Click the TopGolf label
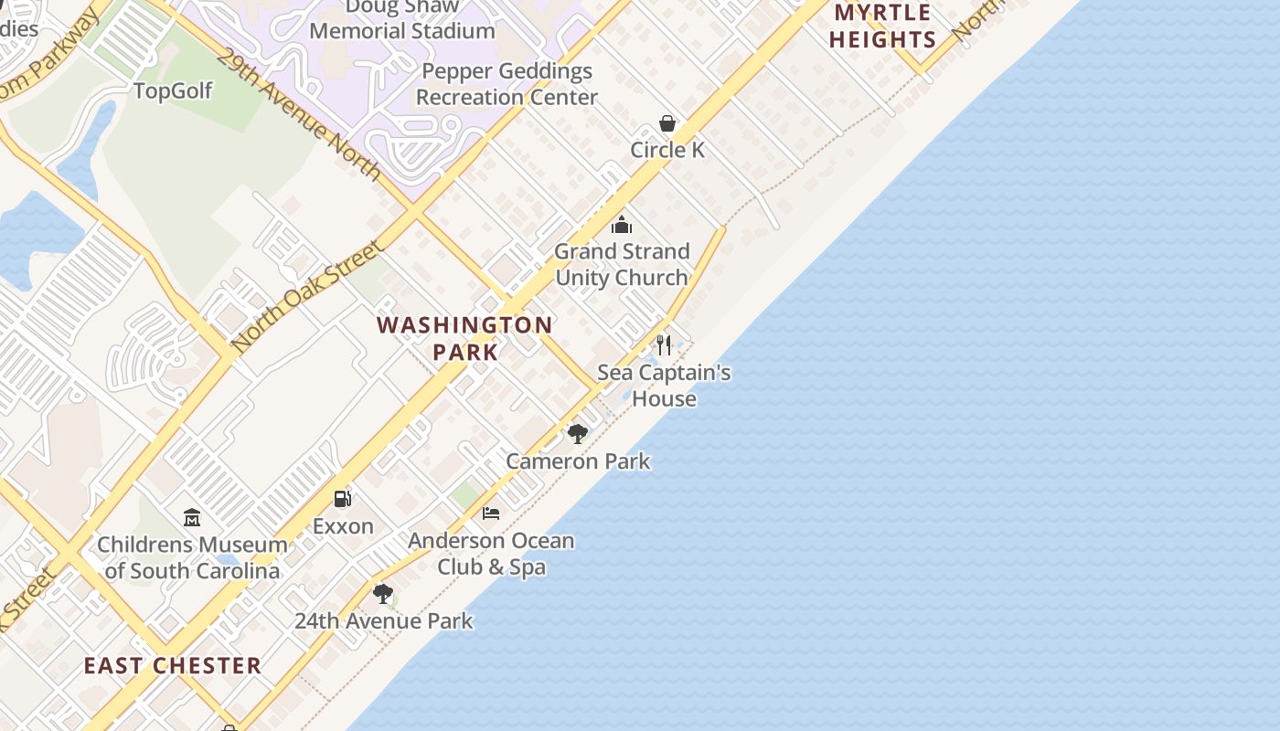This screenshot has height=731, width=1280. point(172,91)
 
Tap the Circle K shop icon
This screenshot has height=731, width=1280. point(667,123)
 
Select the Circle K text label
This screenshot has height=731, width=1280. point(667,150)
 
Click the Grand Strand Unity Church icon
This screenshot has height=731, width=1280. point(622,225)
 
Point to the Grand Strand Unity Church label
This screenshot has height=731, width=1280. point(622,264)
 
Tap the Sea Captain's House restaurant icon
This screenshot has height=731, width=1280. point(664,345)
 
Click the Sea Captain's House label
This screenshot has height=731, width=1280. point(664,386)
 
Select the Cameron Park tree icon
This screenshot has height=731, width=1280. point(577,433)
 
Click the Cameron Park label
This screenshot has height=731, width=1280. point(578,461)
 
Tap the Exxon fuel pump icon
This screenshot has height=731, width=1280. point(343,498)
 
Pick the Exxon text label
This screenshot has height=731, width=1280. point(343,526)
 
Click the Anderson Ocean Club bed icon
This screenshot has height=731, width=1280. point(491,513)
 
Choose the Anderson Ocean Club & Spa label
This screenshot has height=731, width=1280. point(491,554)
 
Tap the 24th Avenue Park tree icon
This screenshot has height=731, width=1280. point(383,594)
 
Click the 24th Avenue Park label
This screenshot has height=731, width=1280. point(383,621)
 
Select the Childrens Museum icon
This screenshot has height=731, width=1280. point(192,517)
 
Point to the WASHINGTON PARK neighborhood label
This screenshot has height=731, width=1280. point(465,338)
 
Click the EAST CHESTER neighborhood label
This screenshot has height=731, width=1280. point(173,665)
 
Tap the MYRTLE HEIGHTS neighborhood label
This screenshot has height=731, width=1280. point(884,26)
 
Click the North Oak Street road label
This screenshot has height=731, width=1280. point(307,296)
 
